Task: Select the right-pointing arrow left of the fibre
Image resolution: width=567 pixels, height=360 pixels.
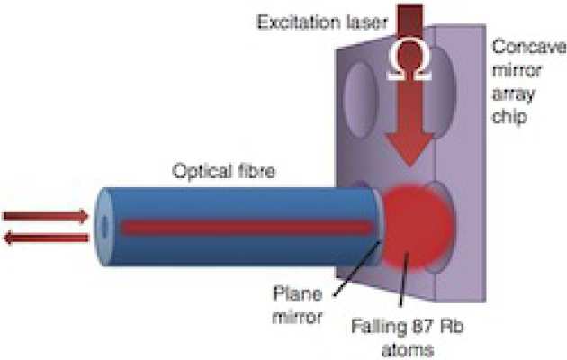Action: [46, 216]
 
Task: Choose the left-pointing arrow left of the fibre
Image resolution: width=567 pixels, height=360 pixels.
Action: [46, 238]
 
